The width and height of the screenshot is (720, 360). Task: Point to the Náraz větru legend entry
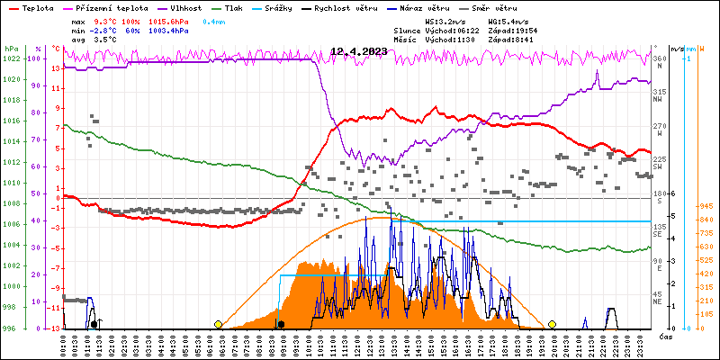pos(446,8)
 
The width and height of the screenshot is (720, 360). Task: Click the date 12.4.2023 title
pos(358,51)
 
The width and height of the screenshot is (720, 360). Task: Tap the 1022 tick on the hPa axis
pos(11,58)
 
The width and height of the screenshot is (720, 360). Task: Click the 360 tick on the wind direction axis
pos(659,58)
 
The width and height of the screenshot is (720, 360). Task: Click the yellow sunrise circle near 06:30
pos(218,324)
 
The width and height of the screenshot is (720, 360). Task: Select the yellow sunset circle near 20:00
pos(552,324)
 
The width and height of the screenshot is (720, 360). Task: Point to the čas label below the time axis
pos(666,337)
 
